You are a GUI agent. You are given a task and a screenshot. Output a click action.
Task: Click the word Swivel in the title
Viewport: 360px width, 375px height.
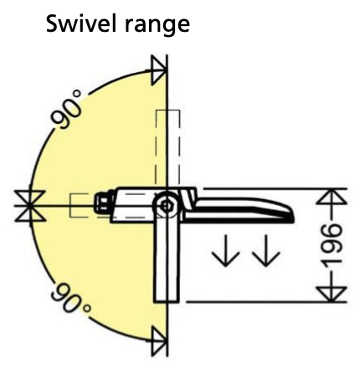click(80, 23)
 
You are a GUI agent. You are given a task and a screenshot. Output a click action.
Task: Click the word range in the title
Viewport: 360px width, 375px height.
click(157, 27)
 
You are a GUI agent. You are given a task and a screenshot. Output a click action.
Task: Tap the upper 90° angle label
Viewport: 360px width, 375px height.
click(67, 110)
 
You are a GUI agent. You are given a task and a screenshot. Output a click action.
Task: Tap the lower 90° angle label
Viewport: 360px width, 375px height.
click(70, 298)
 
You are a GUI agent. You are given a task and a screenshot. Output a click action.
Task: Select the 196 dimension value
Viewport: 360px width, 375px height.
click(332, 245)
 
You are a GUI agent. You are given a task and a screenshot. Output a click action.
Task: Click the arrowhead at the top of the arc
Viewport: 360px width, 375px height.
click(159, 70)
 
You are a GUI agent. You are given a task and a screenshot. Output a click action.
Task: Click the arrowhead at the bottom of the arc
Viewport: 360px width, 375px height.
click(159, 342)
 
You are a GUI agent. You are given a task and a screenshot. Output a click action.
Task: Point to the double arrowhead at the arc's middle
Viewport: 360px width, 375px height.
click(30, 206)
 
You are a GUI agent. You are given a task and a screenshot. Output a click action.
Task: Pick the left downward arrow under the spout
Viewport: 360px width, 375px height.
click(226, 250)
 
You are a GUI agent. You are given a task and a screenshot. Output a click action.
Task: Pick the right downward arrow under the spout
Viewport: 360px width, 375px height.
click(265, 250)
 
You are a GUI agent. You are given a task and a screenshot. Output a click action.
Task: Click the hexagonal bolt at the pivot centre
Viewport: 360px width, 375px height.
click(167, 207)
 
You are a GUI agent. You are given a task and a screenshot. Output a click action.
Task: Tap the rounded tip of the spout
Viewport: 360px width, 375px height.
click(291, 215)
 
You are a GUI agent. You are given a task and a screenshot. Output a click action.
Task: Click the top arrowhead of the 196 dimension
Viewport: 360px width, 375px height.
click(332, 197)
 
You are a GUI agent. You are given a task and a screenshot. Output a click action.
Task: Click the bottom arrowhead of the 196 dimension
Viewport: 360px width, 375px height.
click(332, 294)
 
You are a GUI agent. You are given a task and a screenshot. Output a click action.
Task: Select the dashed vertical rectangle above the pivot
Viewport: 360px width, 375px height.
click(167, 149)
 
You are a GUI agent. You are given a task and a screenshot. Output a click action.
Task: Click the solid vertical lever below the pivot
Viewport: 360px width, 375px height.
click(167, 262)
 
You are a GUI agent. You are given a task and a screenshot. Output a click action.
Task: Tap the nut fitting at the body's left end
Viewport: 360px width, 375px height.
click(104, 203)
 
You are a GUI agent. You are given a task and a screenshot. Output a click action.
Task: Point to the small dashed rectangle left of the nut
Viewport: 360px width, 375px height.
click(81, 205)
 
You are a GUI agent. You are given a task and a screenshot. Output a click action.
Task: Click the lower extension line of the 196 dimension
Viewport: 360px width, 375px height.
click(266, 302)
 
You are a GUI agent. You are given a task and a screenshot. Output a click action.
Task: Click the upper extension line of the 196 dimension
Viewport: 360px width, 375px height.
click(275, 189)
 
